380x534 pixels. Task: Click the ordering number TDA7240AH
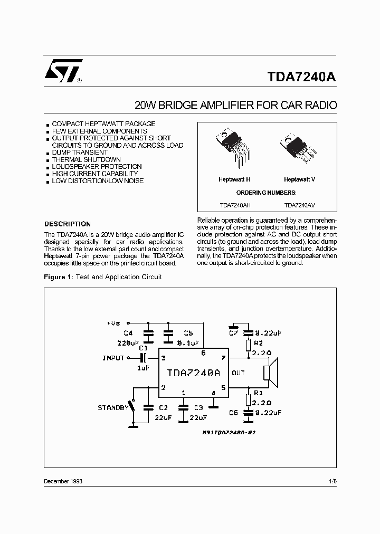pyautogui.click(x=235, y=206)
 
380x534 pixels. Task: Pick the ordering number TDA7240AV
pyautogui.click(x=300, y=206)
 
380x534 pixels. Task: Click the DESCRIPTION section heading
pyautogui.click(x=68, y=224)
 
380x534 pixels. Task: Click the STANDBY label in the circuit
pyautogui.click(x=112, y=408)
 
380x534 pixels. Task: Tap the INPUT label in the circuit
pyautogui.click(x=113, y=358)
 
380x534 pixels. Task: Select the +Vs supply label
pyautogui.click(x=113, y=322)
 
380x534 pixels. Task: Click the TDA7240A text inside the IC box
pyautogui.click(x=193, y=373)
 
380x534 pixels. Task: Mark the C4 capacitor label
pyautogui.click(x=128, y=333)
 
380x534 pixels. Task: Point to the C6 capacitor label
pyautogui.click(x=234, y=414)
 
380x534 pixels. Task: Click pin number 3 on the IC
pyautogui.click(x=163, y=358)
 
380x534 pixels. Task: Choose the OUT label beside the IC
pyautogui.click(x=238, y=373)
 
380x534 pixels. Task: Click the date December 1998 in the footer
pyautogui.click(x=63, y=482)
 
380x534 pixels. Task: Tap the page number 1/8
pyautogui.click(x=332, y=482)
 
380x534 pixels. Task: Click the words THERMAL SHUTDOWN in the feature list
pyautogui.click(x=87, y=159)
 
